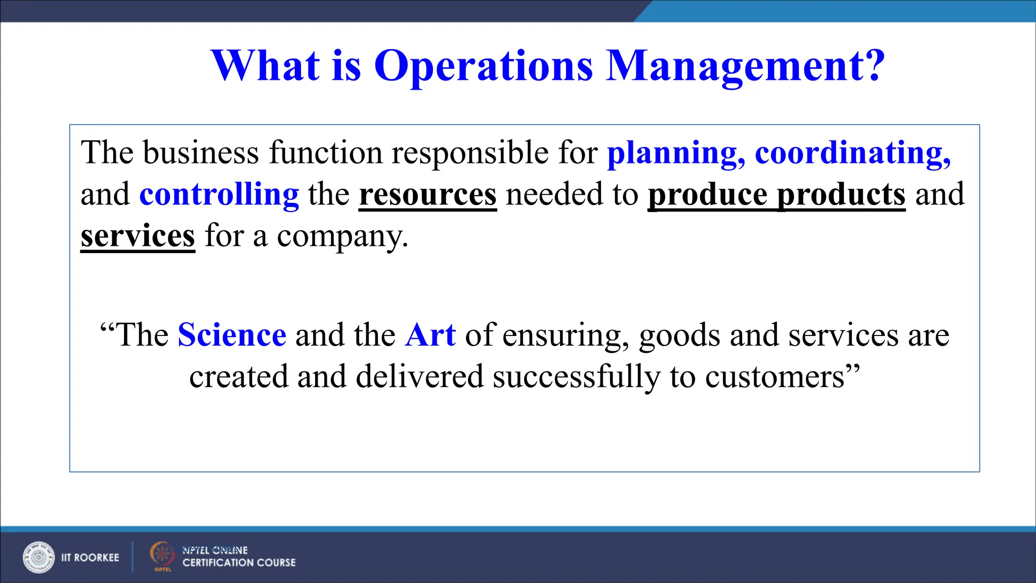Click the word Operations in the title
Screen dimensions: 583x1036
(x=483, y=66)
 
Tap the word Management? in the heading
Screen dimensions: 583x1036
(x=745, y=66)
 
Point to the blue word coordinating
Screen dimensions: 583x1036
(x=852, y=153)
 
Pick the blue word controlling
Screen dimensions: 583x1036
(x=219, y=194)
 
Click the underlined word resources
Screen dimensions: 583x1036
(x=428, y=194)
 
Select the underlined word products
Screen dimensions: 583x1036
(x=841, y=194)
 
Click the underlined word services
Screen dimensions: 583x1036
(x=138, y=236)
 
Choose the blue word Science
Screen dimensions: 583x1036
(x=232, y=335)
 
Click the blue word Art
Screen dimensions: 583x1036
(x=430, y=335)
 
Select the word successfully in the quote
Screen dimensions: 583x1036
(x=576, y=377)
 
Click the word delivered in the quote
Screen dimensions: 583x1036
(x=419, y=377)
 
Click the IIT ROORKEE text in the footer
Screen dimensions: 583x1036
(x=90, y=558)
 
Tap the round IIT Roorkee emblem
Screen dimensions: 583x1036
(x=38, y=557)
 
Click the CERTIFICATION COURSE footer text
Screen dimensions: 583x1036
(x=239, y=563)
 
